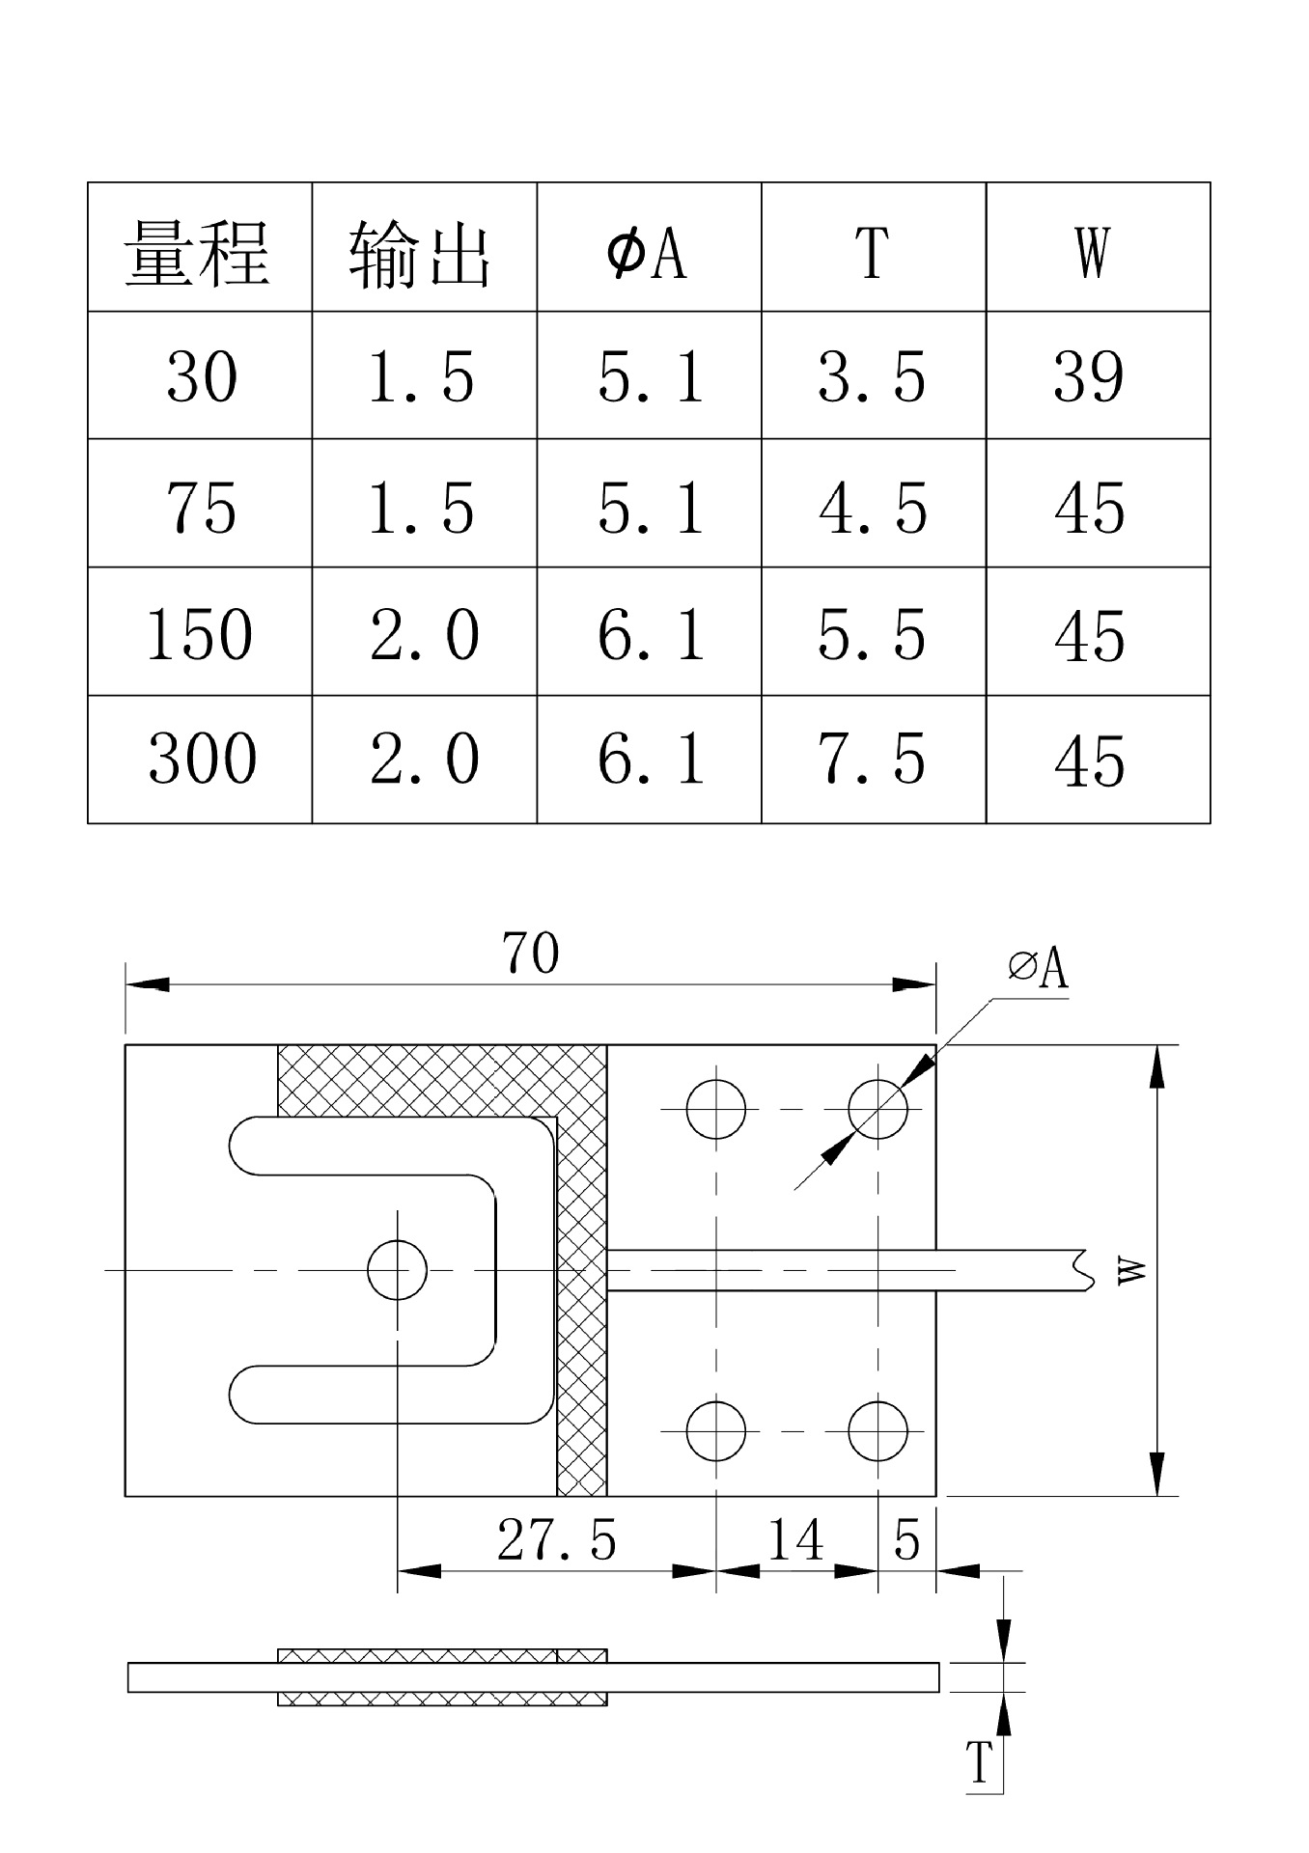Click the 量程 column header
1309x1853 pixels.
pyautogui.click(x=198, y=253)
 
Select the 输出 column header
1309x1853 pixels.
pyautogui.click(x=422, y=253)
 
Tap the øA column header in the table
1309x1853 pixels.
pyautogui.click(x=648, y=253)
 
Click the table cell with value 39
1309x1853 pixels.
pyautogui.click(x=1089, y=376)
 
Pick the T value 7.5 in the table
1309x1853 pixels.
pyautogui.click(x=872, y=759)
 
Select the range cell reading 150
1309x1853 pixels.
pyautogui.click(x=200, y=634)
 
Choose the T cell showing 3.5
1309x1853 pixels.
pyautogui.click(x=872, y=376)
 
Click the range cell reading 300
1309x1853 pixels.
pyautogui.click(x=203, y=759)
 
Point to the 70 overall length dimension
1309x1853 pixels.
pyautogui.click(x=531, y=954)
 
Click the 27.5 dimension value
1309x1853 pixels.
pyautogui.click(x=557, y=1539)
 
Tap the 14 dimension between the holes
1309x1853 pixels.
pyautogui.click(x=795, y=1539)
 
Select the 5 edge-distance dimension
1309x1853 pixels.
pyautogui.click(x=906, y=1539)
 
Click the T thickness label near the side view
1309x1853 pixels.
pyautogui.click(x=980, y=1762)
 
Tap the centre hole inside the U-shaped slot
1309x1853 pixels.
pyautogui.click(x=398, y=1270)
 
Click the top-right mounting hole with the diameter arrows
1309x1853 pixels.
pyautogui.click(x=877, y=1109)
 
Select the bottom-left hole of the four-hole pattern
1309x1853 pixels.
pyautogui.click(x=716, y=1430)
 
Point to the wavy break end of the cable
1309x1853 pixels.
pyautogui.click(x=1089, y=1270)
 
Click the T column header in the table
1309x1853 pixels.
pyautogui.click(x=872, y=253)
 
